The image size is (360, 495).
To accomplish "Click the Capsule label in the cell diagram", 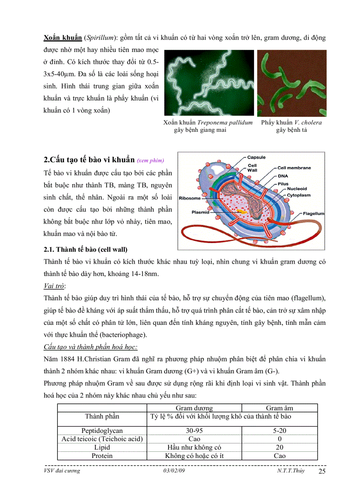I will point(256,157).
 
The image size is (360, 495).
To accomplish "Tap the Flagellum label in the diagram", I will point(313,213).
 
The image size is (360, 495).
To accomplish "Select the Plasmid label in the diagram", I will point(200,212).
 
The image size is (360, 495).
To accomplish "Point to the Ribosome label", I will point(190,198).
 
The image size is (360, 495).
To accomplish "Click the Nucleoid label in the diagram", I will point(297,189).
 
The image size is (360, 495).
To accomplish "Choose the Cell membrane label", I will point(294,168).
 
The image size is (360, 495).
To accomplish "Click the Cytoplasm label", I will point(299,194).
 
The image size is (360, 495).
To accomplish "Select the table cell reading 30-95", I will point(194,430).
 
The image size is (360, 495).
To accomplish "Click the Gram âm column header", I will point(279,408).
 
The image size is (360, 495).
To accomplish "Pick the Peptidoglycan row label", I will point(102,430).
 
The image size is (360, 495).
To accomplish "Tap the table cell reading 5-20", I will point(279,430).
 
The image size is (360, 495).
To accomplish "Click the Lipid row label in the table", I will point(102,447).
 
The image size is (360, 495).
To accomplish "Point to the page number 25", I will point(322,472).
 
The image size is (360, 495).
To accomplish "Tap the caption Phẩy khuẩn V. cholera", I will point(291,123).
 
